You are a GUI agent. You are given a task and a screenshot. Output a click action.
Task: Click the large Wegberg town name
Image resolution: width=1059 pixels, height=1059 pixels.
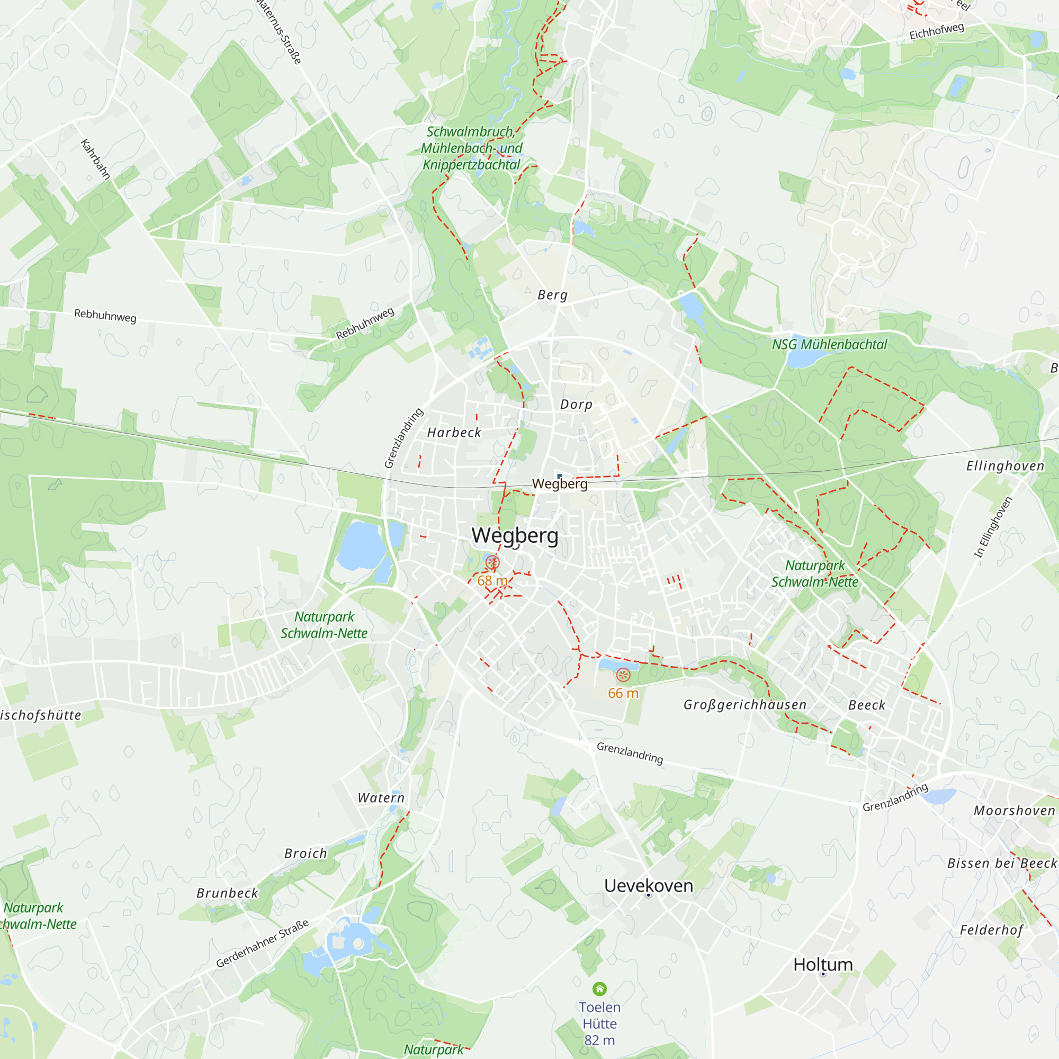point(515,535)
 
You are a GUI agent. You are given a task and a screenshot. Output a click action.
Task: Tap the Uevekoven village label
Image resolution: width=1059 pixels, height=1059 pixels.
point(649,885)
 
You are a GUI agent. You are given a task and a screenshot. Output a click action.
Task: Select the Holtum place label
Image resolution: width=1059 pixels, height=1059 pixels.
point(823,964)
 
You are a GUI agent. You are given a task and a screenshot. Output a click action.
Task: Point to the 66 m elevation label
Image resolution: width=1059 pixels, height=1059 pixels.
point(623,694)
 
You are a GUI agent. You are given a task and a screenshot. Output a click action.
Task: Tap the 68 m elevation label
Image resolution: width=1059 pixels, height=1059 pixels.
point(492,580)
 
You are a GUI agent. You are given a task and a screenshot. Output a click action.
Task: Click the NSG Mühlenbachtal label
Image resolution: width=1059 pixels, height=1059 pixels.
point(829,345)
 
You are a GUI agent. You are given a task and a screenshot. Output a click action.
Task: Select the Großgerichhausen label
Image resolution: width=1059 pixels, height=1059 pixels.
point(745,705)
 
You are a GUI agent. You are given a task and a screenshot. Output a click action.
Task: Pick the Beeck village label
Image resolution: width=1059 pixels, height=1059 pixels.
point(867,705)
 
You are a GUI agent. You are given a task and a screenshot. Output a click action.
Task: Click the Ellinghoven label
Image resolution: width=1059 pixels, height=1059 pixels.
point(1006,466)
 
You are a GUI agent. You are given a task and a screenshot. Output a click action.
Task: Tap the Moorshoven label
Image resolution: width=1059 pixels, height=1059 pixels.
point(1015,811)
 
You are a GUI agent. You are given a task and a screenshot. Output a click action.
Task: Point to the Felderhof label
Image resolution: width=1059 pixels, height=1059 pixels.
point(992,930)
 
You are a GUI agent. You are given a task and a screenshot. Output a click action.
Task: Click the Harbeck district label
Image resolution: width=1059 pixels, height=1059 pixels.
point(454,433)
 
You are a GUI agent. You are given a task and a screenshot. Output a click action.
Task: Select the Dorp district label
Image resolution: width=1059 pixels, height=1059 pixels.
point(576,405)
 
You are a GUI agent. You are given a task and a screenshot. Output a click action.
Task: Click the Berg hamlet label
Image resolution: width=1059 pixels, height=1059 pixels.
point(552,295)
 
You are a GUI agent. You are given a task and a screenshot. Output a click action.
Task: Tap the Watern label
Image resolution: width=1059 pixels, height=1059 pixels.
point(381,798)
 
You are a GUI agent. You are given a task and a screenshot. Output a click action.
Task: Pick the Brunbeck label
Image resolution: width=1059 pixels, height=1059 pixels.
point(228,893)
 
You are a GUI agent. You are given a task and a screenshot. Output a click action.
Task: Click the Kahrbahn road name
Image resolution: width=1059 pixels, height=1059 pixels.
point(96,159)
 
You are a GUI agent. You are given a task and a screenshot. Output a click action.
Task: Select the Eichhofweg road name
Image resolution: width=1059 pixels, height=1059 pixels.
point(936,31)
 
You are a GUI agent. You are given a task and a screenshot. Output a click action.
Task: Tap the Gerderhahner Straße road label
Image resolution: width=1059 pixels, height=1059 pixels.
point(263,943)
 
